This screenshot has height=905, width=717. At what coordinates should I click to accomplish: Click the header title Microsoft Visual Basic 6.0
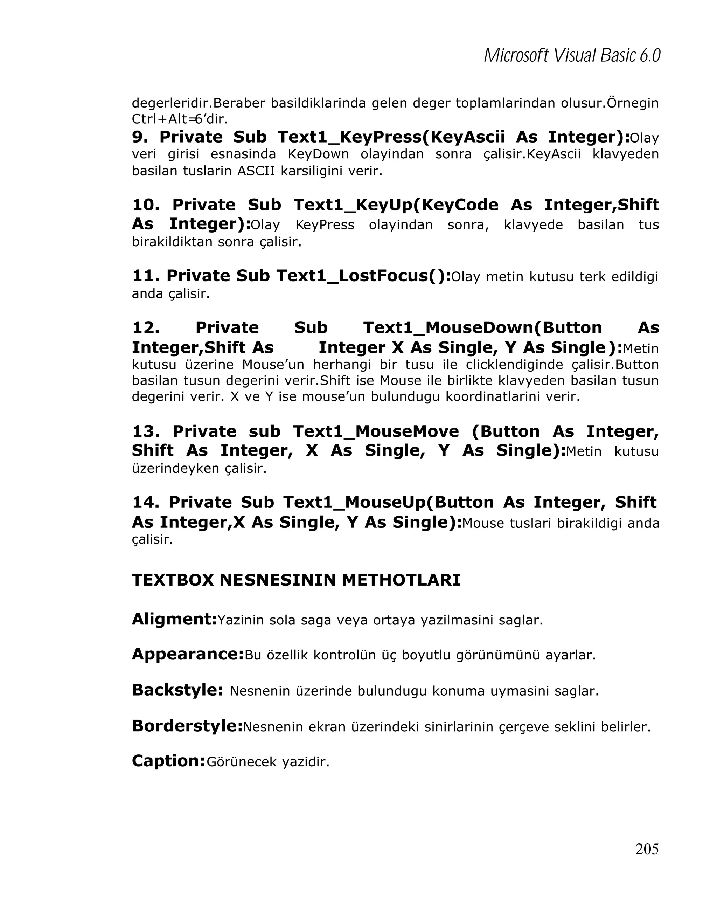pos(572,55)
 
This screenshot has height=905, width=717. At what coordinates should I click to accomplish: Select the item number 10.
pos(146,205)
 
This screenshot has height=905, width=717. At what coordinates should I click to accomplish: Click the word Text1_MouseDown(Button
pos(482,327)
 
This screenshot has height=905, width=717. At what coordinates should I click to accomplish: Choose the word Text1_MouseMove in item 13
pos(376,431)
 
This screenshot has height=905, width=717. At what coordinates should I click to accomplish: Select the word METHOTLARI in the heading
pos(401,580)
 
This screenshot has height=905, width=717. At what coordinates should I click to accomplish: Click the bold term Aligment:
pos(174,619)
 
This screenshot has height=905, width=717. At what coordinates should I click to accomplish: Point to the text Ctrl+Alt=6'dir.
pos(180,119)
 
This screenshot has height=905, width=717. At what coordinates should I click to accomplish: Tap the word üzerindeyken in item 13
pos(176,468)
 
